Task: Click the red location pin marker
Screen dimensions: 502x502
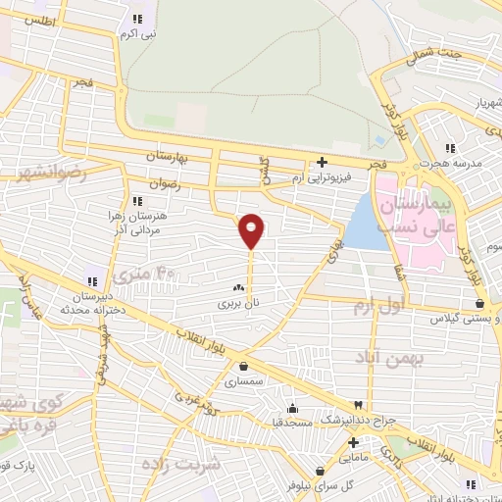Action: [x=251, y=229]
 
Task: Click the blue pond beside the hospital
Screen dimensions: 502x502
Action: [x=364, y=225]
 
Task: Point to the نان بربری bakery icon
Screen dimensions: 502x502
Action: [x=237, y=288]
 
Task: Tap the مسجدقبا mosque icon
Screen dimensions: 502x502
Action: [x=292, y=408]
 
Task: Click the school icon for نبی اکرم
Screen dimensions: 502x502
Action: [x=136, y=18]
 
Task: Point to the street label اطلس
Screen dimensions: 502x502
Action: [x=36, y=21]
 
